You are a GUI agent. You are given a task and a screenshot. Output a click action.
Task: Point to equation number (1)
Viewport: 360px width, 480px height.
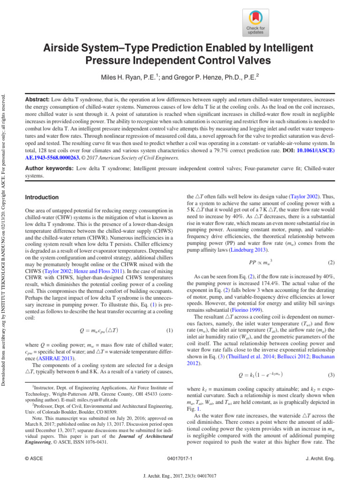[x=170, y=317]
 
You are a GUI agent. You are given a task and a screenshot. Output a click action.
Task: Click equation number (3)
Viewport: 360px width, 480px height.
[x=331, y=362]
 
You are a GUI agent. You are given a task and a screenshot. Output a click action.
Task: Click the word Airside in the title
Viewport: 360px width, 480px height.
[x=63, y=48]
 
